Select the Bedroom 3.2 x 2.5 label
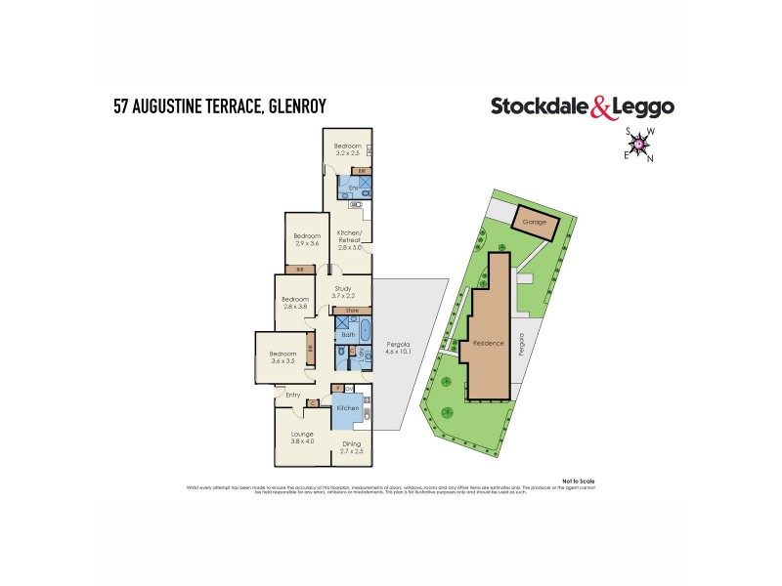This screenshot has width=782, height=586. (x=350, y=149)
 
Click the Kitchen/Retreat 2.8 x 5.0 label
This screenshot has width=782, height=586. (x=350, y=240)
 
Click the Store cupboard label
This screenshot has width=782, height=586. (x=353, y=312)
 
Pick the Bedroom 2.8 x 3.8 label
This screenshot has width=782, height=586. (x=295, y=303)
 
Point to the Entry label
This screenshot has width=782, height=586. (x=292, y=395)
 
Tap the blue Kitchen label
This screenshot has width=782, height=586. (x=348, y=410)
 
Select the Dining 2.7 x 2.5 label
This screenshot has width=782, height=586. (x=351, y=447)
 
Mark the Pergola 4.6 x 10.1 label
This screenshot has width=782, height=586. (x=397, y=349)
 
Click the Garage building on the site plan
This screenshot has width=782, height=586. (x=535, y=223)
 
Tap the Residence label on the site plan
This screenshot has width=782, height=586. (x=488, y=344)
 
